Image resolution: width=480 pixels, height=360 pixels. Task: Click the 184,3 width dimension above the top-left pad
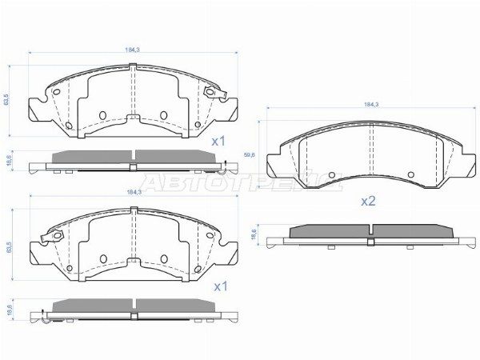(x=133, y=50)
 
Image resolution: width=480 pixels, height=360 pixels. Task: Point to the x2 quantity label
(x=368, y=201)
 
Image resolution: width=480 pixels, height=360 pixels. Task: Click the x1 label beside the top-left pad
(x=218, y=141)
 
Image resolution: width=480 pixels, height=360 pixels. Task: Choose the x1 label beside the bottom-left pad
(x=218, y=285)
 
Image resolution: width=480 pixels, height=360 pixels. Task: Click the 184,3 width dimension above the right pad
(x=370, y=105)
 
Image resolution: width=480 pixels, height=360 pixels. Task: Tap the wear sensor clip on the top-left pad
(x=213, y=94)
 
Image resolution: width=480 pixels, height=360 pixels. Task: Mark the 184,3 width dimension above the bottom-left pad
(x=133, y=193)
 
